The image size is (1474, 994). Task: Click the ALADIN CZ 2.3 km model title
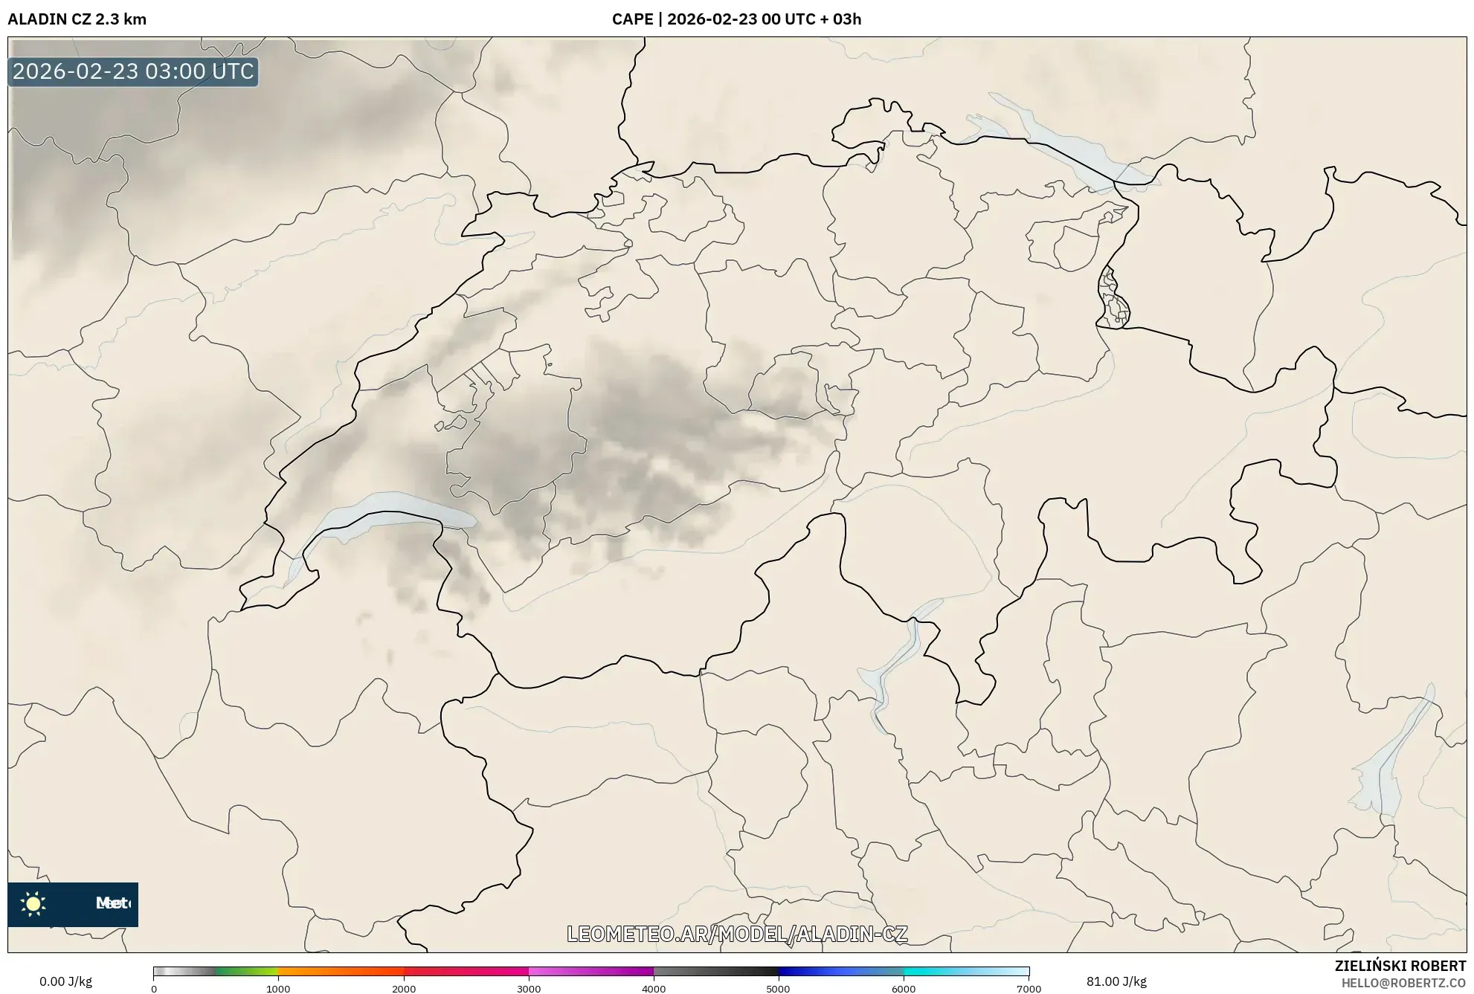point(77,19)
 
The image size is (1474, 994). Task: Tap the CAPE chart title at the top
point(736,19)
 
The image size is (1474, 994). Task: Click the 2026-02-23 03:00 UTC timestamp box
point(134,71)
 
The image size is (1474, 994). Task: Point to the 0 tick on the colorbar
point(154,988)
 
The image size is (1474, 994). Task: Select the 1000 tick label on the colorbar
point(278,988)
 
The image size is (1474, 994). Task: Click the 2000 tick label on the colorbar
point(404,988)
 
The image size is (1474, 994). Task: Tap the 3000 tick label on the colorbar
point(529,988)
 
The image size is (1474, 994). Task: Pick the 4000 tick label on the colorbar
point(654,988)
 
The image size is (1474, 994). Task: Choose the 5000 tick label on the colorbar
point(779,988)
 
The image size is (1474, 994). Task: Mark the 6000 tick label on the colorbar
point(904,988)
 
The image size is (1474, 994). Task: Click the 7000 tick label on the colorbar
point(1029,988)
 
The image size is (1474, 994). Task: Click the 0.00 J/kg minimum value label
point(65,981)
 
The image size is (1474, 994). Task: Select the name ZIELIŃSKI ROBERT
point(1400,966)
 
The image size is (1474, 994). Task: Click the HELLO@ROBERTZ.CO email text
point(1403,983)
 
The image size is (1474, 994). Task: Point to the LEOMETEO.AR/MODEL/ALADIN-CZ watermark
point(737,934)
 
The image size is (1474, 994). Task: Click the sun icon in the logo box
point(33,903)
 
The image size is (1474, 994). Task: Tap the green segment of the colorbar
point(245,971)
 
